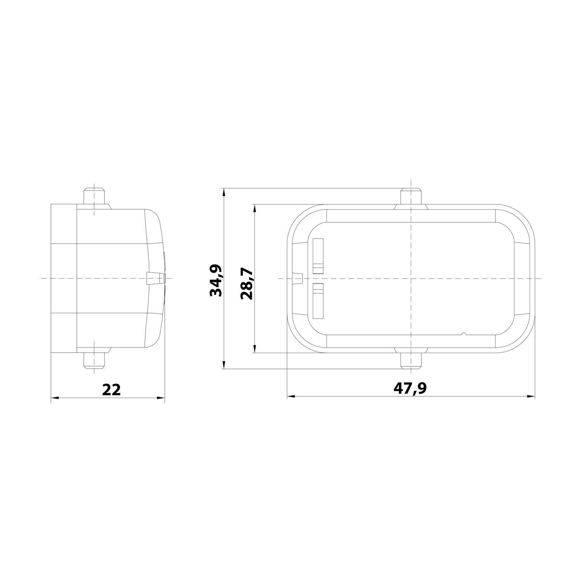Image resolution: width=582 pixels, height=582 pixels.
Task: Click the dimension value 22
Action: tap(111, 389)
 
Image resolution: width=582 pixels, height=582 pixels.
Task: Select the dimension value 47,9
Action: tap(411, 388)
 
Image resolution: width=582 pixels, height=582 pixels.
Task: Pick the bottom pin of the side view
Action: tap(95, 360)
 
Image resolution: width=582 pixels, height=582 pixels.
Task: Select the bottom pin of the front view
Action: tap(411, 360)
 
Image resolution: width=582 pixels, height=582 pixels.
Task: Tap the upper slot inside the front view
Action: tap(318, 256)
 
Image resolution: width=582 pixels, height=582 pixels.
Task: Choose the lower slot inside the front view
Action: tap(318, 301)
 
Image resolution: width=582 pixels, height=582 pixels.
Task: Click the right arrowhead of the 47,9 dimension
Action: tap(532, 397)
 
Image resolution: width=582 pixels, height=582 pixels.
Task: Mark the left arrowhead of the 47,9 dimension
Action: tap(290, 397)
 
